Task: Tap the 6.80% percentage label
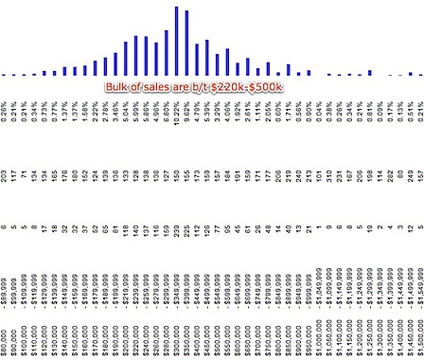(167, 114)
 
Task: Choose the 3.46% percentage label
(115, 114)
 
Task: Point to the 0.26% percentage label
(4, 114)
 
